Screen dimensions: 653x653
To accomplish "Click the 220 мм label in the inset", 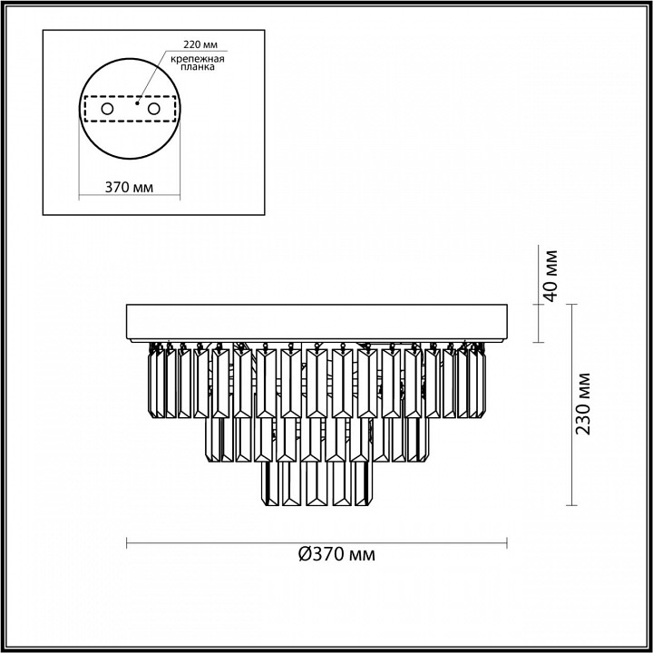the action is tap(200, 44).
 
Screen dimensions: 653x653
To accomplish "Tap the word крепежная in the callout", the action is tap(198, 59).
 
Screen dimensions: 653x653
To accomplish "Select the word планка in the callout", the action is tap(198, 67).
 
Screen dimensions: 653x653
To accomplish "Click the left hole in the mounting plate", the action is tap(107, 109).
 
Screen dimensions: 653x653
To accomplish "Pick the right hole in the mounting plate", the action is tap(153, 109).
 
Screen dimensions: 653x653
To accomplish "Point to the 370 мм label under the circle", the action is tap(129, 188).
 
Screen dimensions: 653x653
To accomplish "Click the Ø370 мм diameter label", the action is tap(336, 554).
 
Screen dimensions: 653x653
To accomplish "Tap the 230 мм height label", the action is tap(583, 403).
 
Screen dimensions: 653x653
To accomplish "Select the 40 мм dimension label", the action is tap(551, 276).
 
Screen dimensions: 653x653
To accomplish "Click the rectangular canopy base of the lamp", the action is tap(317, 322).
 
